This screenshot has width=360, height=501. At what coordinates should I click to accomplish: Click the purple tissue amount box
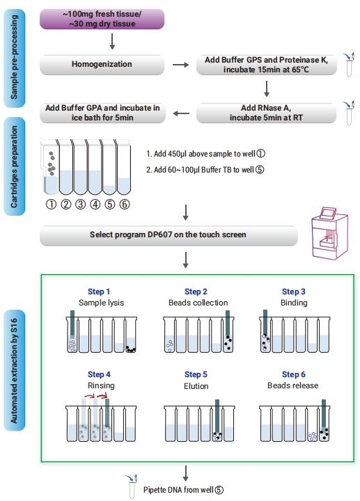[102, 19]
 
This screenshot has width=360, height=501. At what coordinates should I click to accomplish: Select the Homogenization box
[102, 65]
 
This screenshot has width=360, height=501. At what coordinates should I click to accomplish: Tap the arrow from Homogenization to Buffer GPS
[180, 65]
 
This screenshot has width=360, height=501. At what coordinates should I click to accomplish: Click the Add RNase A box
[266, 113]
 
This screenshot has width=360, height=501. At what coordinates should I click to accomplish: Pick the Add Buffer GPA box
[102, 113]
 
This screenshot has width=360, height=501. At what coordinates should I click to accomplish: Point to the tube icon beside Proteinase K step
[349, 65]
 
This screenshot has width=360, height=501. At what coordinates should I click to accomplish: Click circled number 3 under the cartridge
[80, 204]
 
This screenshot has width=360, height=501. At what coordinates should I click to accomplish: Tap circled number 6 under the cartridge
[125, 204]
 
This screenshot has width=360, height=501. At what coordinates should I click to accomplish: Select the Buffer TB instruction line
[205, 170]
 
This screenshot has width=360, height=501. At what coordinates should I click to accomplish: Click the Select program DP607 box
[169, 235]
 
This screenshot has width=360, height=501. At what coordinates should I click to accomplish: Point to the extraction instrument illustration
[329, 233]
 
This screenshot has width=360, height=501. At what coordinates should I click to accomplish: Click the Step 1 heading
[99, 292]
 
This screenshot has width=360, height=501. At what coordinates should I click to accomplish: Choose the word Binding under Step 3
[294, 303]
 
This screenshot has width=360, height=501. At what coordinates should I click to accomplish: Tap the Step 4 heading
[99, 374]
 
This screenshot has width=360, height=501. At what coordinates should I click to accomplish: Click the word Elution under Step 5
[196, 386]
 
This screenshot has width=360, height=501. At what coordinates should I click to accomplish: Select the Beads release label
[293, 385]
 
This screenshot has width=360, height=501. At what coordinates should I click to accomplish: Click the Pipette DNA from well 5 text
[183, 490]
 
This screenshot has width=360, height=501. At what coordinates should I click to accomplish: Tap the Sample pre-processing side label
[14, 58]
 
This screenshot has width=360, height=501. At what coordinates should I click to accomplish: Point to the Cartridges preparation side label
[14, 166]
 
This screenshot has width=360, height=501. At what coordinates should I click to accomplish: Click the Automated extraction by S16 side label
[14, 371]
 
